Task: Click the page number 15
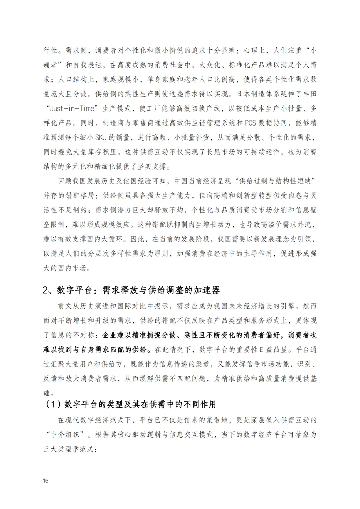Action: (46, 480)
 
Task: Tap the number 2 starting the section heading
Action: (46, 290)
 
